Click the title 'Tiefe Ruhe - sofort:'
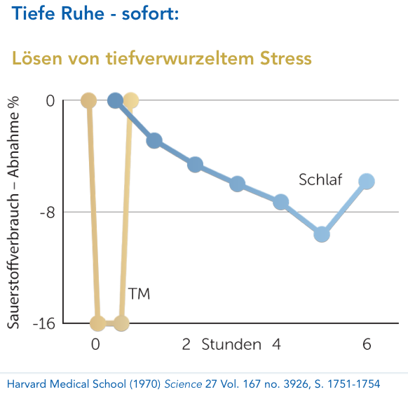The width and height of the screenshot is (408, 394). tap(95, 13)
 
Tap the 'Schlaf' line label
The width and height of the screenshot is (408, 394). tap(320, 179)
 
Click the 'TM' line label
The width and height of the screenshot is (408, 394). tap(139, 293)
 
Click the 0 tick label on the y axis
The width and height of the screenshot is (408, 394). tap(50, 101)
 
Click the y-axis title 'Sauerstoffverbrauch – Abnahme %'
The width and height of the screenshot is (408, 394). tap(15, 210)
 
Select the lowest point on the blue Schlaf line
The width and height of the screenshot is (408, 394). tap(322, 234)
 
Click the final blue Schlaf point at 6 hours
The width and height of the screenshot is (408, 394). tap(366, 182)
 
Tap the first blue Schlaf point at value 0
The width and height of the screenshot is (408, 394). tap(116, 101)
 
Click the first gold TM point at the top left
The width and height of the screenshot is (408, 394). tap(88, 101)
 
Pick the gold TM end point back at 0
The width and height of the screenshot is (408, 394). tap(130, 101)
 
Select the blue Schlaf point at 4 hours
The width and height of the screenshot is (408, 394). tap(281, 203)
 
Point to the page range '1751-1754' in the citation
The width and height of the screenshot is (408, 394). tap(353, 383)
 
